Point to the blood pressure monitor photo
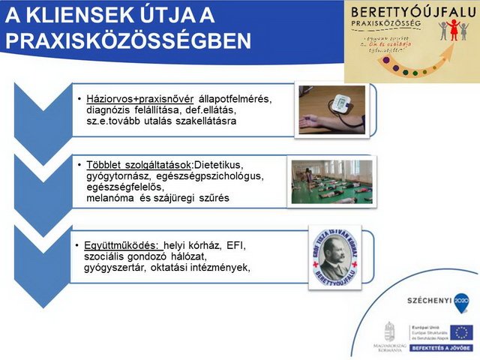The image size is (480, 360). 331,109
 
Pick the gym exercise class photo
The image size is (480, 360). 331,181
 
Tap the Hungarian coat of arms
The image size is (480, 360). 389,331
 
